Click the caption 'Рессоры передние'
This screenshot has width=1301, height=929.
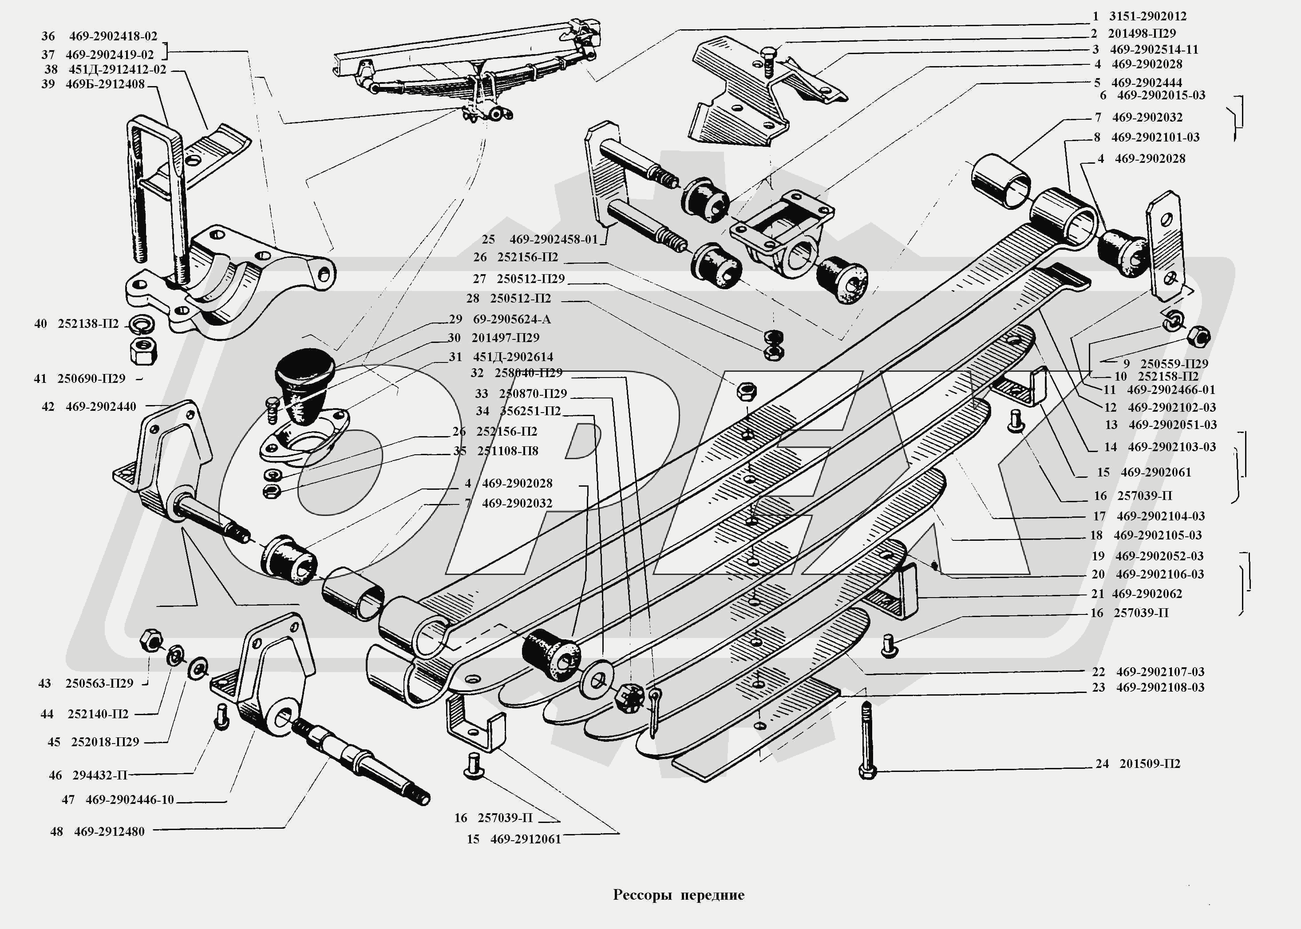[678, 895]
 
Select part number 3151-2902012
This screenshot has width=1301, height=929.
[1147, 16]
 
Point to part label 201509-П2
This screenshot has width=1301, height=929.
[1149, 764]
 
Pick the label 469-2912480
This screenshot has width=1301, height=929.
[109, 831]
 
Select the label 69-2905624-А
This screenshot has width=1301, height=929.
[512, 319]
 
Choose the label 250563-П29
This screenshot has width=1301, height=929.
[99, 683]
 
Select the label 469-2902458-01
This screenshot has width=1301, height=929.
[554, 239]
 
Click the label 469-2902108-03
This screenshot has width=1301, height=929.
[1160, 687]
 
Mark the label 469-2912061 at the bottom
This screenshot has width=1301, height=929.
[526, 839]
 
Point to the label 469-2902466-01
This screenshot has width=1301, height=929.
[1171, 390]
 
